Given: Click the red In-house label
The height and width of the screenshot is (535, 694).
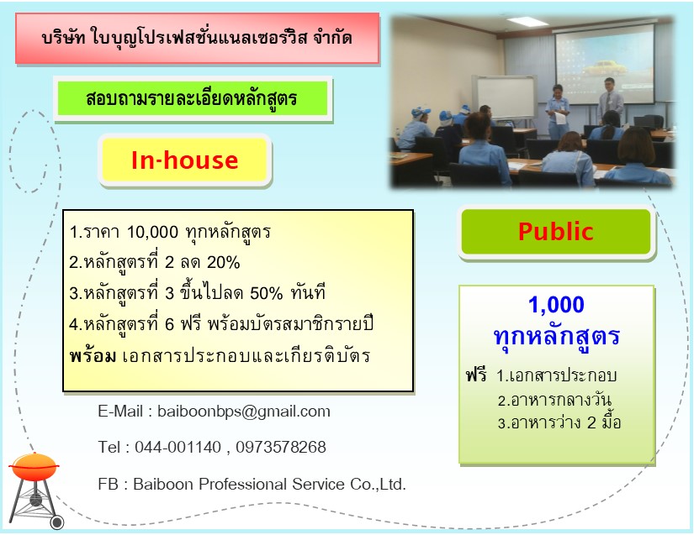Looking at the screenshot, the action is (184, 160).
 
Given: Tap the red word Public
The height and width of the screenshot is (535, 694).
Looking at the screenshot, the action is (556, 232).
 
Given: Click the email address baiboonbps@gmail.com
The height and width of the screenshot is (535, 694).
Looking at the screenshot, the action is (244, 412).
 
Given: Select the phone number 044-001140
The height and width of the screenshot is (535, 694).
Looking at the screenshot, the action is (178, 447).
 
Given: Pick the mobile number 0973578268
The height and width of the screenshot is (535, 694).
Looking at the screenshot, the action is (281, 447).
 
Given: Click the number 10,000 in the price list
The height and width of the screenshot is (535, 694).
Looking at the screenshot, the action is (153, 232).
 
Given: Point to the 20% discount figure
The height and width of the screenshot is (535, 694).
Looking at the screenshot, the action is (224, 262).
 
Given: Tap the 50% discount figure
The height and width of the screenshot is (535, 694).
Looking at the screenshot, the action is (267, 293).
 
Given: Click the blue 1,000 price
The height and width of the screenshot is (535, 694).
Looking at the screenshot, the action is (556, 305).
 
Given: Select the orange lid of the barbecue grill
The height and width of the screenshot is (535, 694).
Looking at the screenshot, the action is (34, 466).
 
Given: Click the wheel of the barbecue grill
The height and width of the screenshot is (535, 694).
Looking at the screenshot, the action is (56, 522).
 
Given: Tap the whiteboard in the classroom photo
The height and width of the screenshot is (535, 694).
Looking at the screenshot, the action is (505, 97).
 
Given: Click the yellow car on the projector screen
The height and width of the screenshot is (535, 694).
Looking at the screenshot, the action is (605, 68).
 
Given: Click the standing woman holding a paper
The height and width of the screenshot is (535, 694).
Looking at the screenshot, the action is (558, 112).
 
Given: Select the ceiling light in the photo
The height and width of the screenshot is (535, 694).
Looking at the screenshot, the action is (527, 21).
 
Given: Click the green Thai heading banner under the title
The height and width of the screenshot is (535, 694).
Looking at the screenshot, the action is (193, 98).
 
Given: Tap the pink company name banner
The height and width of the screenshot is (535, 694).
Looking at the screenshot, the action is (198, 39).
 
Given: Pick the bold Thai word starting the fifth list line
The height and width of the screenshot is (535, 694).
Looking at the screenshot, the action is (93, 355).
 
